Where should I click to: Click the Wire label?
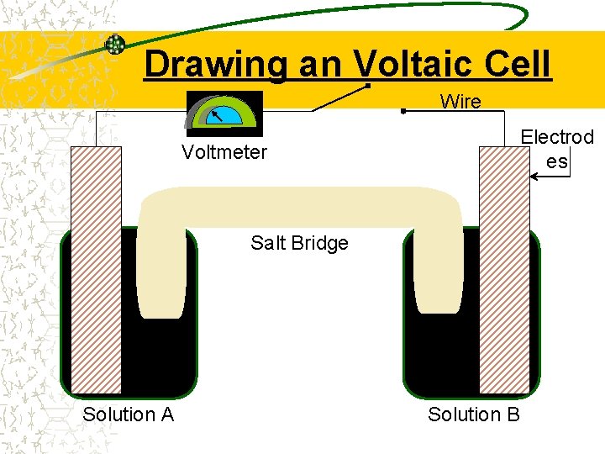click(460, 103)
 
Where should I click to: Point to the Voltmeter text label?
click(224, 152)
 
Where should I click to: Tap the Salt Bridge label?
click(299, 243)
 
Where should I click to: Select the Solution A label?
click(129, 414)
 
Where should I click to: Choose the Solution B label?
click(474, 414)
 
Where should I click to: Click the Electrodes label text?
click(556, 148)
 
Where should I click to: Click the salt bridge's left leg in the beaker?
click(161, 269)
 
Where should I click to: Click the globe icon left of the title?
click(115, 45)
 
